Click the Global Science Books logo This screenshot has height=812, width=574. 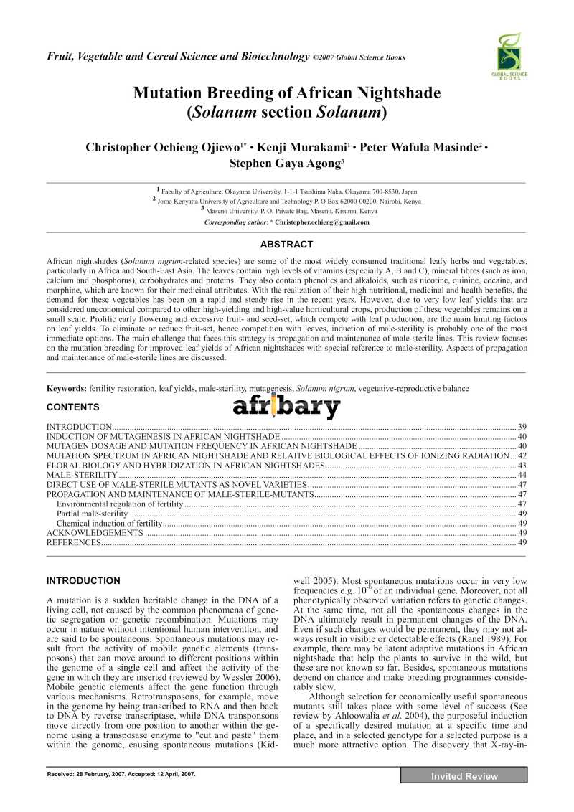[x=510, y=56]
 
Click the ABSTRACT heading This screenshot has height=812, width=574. [x=286, y=245]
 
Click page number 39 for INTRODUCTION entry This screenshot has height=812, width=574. [x=522, y=427]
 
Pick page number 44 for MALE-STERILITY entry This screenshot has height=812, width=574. [x=522, y=476]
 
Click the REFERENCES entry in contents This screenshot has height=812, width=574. [x=74, y=543]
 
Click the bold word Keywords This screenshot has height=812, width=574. [x=67, y=388]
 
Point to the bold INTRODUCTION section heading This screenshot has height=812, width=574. [x=83, y=580]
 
